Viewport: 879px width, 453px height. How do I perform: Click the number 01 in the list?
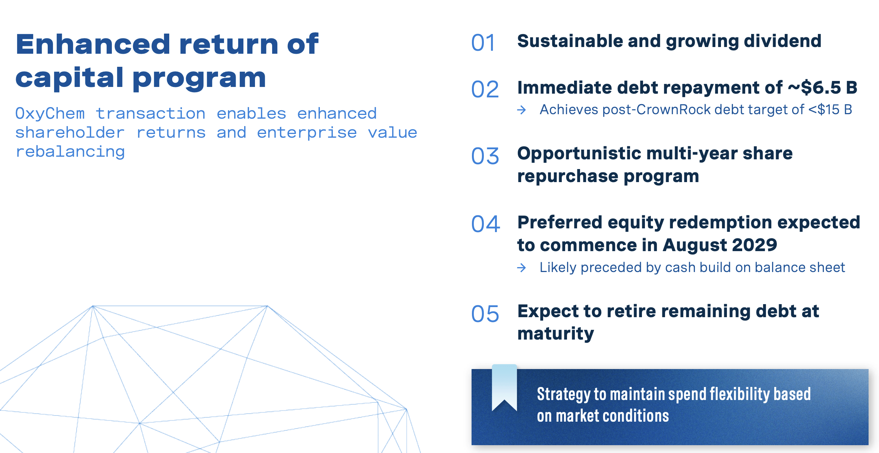coord(483,43)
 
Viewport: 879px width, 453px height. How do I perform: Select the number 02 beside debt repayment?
coord(485,90)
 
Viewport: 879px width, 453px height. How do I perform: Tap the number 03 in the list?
coord(485,156)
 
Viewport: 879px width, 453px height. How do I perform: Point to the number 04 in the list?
coord(485,224)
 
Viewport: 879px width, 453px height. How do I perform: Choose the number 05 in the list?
coord(485,314)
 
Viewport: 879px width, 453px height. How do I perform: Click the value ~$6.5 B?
coord(822,88)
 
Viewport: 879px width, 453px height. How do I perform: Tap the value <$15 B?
coord(830,110)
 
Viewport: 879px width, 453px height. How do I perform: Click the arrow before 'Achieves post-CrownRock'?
coord(522,110)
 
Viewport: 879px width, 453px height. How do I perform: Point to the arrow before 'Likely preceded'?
coord(522,268)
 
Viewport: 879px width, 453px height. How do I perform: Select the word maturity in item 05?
coord(555,334)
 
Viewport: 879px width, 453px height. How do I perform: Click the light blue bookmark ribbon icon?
coord(504,387)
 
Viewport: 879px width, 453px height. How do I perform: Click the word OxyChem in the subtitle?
coord(50,113)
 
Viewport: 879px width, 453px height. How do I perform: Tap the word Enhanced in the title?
coord(93,44)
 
